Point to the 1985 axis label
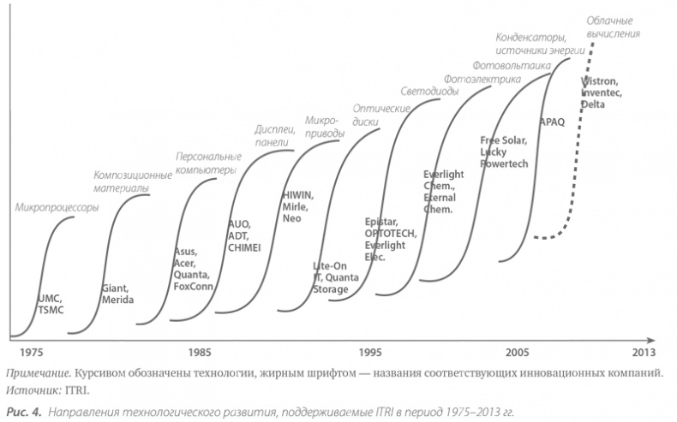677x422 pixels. coord(201,352)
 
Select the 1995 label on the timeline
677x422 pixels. coord(371,352)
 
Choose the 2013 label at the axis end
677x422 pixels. coord(644,352)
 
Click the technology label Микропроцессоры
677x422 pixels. coord(57,207)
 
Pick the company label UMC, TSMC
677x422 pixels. coord(51,304)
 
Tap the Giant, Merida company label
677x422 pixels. coord(117,295)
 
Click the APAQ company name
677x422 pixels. coord(552,122)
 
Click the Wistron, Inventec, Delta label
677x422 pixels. coord(603,92)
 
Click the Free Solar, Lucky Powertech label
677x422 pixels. coord(504,151)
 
